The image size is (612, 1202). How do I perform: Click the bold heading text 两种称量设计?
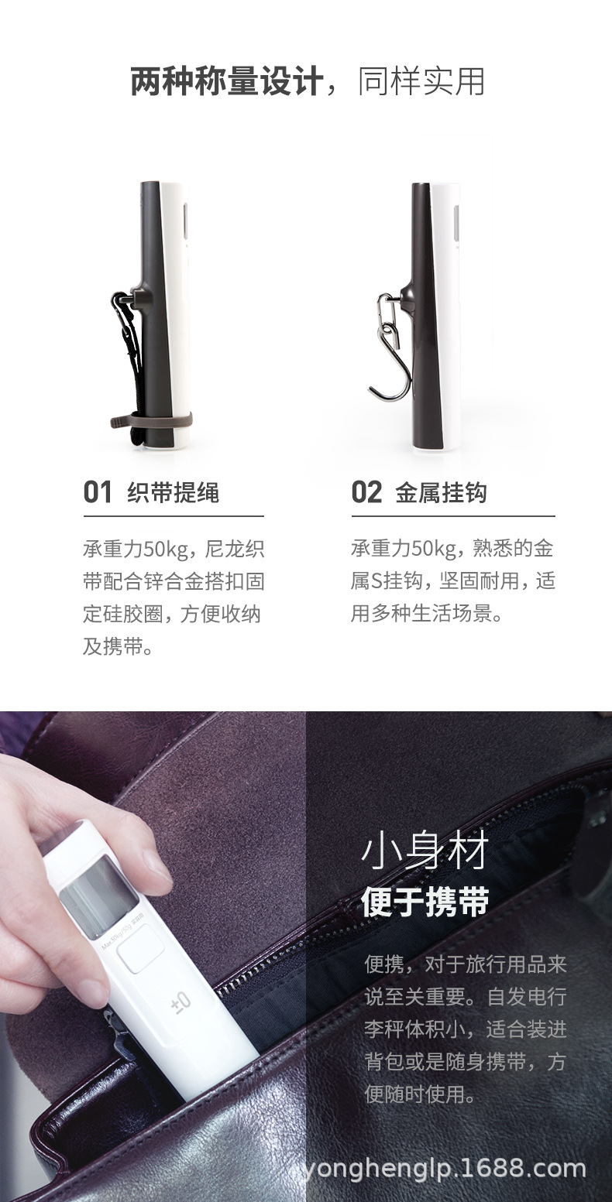point(226,81)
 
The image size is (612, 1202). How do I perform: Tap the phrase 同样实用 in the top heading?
point(421,81)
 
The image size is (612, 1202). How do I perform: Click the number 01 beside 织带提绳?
point(98,492)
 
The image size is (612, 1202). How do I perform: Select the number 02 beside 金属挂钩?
point(366,492)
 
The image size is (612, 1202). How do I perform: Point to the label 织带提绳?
point(173,493)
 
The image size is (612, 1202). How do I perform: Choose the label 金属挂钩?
point(441,493)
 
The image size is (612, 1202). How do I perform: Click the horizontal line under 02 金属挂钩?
point(453,515)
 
